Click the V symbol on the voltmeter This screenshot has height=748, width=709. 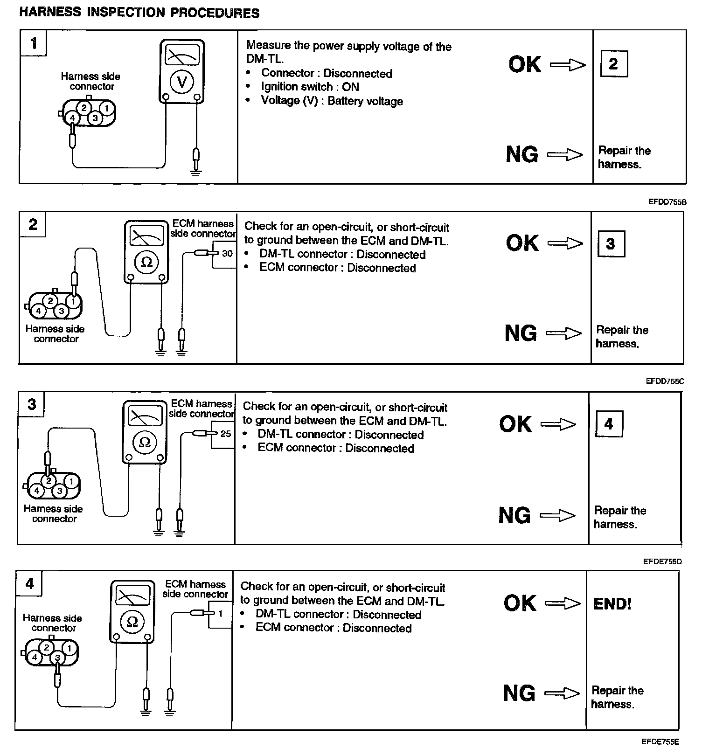click(182, 82)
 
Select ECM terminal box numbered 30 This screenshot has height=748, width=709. click(227, 254)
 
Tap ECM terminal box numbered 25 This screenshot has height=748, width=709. click(226, 434)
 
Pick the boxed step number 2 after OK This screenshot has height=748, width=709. click(613, 64)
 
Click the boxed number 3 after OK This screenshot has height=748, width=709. click(611, 243)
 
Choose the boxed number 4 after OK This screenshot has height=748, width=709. click(609, 424)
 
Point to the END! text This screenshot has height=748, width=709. click(612, 604)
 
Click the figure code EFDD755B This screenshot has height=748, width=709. click(667, 202)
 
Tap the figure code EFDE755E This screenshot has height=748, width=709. click(660, 741)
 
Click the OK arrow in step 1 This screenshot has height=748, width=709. click(568, 65)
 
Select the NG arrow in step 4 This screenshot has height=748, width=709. click(562, 693)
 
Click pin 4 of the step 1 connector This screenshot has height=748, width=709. click(72, 118)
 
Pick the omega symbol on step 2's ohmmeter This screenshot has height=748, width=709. click(146, 263)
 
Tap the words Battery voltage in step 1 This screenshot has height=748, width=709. click(365, 101)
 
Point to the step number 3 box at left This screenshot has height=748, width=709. click(32, 404)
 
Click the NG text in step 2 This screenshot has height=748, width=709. click(521, 333)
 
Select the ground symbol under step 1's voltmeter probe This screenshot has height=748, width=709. click(196, 173)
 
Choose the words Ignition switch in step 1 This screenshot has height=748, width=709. click(297, 87)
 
